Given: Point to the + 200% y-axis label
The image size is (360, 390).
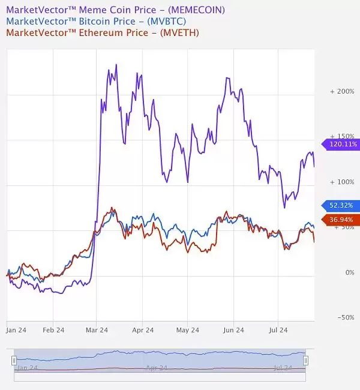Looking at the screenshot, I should point(343,91).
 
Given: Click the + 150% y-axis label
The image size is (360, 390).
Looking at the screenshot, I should point(343,136).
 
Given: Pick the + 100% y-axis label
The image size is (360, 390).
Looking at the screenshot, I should point(343,181).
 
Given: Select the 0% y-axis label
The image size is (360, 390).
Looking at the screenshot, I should point(347,272).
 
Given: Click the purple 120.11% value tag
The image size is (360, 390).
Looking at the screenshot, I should point(341,144).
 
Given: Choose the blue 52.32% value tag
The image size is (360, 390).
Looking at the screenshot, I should point(341,205).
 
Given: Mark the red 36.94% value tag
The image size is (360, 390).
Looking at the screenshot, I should point(341,220).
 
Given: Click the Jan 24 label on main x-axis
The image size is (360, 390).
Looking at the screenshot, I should point(15,329).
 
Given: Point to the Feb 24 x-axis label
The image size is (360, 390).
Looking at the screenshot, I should point(53,329).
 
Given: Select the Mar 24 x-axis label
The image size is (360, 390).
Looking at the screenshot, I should point(97,329).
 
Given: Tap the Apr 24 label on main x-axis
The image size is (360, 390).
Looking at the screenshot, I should point(142,329).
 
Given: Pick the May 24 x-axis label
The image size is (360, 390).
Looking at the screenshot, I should point(187,329).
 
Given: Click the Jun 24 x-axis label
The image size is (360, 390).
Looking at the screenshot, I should point(233,329).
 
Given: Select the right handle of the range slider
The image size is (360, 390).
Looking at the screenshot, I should point(305,360).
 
